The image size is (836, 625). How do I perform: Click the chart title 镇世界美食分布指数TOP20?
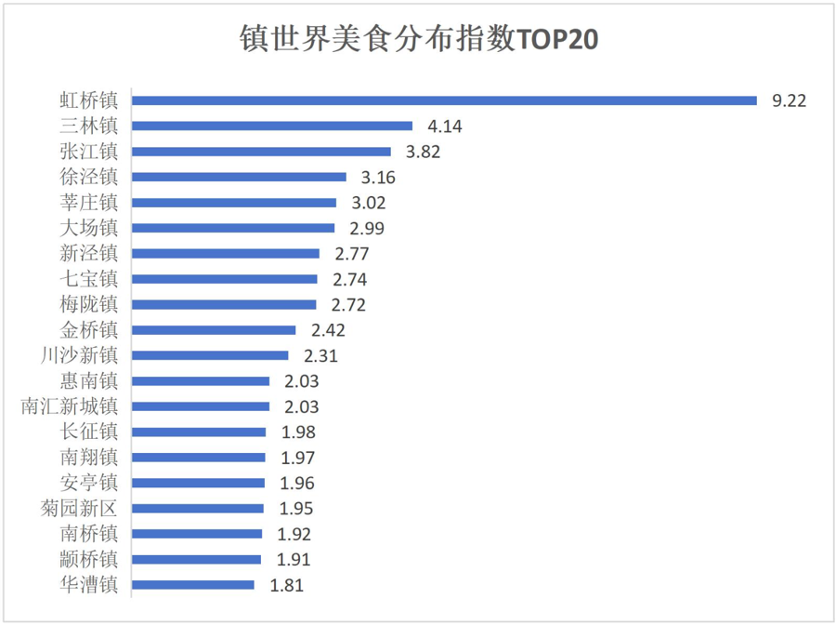click(x=418, y=41)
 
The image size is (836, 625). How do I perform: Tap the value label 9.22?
click(x=789, y=100)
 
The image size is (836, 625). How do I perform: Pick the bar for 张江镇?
click(x=261, y=151)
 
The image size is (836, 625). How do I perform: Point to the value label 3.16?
click(x=378, y=177)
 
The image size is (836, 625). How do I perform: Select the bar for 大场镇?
click(x=232, y=227)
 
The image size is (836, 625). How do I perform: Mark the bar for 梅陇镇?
click(x=224, y=304)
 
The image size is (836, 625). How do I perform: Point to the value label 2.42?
click(x=328, y=329)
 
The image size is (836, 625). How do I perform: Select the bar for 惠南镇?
click(x=201, y=380)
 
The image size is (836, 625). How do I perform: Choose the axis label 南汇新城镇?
click(x=70, y=406)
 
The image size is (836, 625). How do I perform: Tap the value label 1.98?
click(x=297, y=432)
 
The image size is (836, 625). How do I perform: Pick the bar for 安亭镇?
click(x=198, y=483)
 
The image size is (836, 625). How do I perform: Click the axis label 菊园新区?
click(x=80, y=509)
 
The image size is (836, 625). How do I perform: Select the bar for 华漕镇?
click(x=192, y=585)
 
